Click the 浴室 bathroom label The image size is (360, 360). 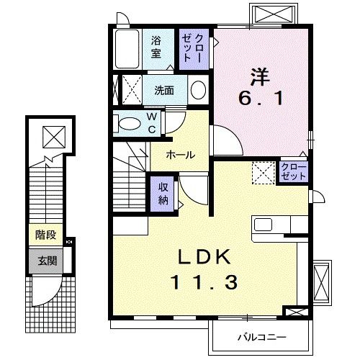click(156, 48)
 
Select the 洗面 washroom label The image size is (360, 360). click(164, 90)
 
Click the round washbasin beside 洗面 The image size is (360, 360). click(198, 90)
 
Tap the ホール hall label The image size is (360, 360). click(179, 154)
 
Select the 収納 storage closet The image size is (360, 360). click(164, 192)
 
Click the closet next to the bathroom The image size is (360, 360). click(193, 48)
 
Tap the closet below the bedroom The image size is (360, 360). click(294, 172)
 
